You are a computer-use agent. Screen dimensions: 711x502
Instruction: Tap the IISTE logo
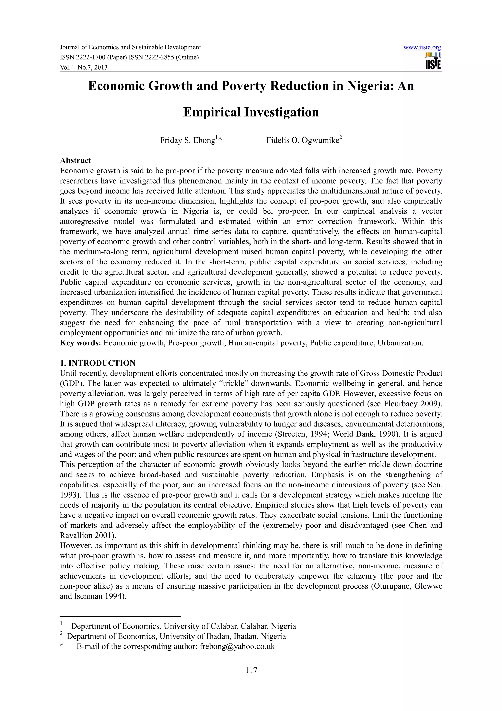(x=433, y=61)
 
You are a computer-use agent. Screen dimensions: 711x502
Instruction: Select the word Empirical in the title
(x=212, y=112)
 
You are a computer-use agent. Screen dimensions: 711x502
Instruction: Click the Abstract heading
(x=75, y=160)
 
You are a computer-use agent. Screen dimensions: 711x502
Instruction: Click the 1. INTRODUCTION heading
(x=98, y=363)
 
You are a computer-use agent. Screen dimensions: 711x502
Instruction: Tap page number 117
(x=251, y=671)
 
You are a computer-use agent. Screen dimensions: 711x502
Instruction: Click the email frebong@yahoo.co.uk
(x=237, y=646)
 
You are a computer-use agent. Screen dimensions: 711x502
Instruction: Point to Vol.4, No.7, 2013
(x=84, y=67)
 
